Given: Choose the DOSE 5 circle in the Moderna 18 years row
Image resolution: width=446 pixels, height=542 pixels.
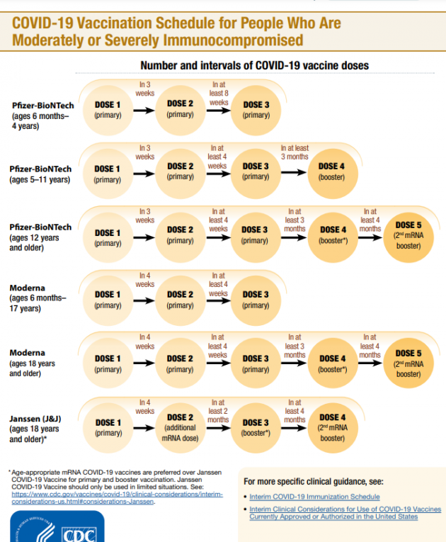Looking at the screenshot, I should point(408,363).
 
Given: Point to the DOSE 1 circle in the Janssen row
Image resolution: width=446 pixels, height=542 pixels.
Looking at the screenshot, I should point(108,427).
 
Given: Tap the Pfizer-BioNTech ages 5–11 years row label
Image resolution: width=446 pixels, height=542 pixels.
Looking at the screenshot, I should point(40,174).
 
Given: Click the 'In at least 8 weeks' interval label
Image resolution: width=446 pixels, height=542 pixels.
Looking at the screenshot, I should point(218,93).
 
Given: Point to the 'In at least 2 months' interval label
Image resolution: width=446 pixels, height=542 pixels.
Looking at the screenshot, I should point(218,410).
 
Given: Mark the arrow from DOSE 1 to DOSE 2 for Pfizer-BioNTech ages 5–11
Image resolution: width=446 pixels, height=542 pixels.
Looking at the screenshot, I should point(144,172).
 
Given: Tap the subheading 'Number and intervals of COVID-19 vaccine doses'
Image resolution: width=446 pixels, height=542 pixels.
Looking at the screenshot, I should point(254,65).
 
